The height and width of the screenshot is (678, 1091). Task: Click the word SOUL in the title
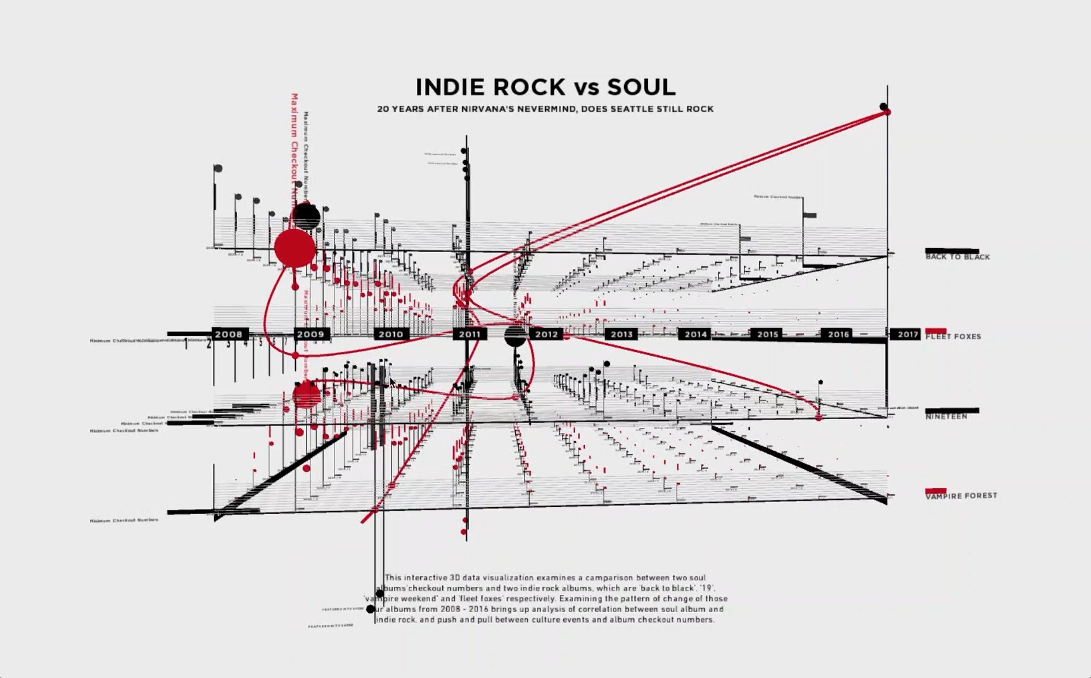pos(642,87)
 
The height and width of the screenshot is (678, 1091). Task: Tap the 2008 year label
pos(229,334)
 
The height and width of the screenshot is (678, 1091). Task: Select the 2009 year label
pos(311,334)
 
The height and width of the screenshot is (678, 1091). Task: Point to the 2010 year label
pos(391,334)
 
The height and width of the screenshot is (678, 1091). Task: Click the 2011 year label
pos(470,334)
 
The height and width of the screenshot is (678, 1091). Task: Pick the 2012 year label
pos(546,334)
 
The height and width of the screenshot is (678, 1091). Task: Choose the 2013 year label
pos(621,334)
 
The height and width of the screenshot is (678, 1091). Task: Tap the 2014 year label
pos(695,334)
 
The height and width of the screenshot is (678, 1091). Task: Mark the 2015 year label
pos(767,334)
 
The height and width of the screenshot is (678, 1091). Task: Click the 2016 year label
pos(838,334)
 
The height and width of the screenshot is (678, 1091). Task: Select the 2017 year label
pos(908,334)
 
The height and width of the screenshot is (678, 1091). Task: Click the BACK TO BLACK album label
pos(958,257)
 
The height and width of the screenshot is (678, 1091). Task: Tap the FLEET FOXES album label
pos(953,337)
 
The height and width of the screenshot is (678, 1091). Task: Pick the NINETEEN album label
pos(946,416)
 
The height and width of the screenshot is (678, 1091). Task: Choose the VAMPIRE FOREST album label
pos(961,496)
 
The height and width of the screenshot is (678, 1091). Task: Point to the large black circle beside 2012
pos(515,336)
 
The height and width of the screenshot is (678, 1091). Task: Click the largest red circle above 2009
pos(295,248)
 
